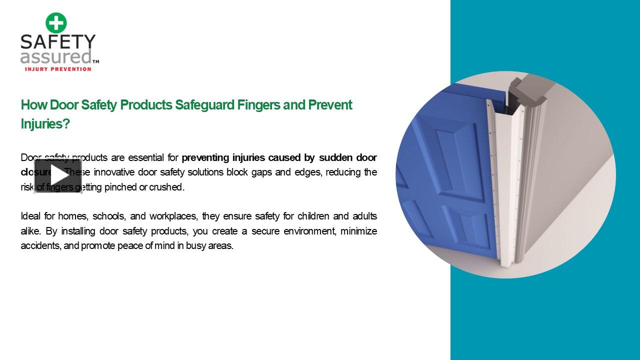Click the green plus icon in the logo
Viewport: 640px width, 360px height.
point(56,23)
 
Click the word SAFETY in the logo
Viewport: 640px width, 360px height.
point(58,42)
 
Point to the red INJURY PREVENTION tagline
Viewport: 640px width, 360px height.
point(58,69)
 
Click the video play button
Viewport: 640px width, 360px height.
point(58,175)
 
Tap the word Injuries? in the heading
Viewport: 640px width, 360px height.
point(45,124)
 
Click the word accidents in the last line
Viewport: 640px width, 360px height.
point(40,246)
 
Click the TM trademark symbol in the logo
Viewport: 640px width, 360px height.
point(96,61)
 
